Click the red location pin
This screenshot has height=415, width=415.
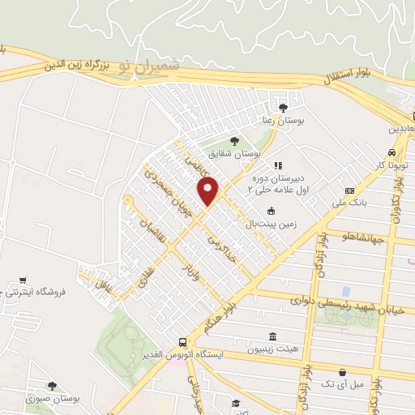pos(209,190)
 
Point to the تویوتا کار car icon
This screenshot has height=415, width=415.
pos(392,152)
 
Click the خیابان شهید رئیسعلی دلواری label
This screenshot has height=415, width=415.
pos(340,301)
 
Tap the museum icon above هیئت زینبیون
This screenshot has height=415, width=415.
pos(271,336)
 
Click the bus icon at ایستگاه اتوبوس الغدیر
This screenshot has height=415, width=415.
pos(182,344)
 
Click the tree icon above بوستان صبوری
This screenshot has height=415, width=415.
pos(52,387)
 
